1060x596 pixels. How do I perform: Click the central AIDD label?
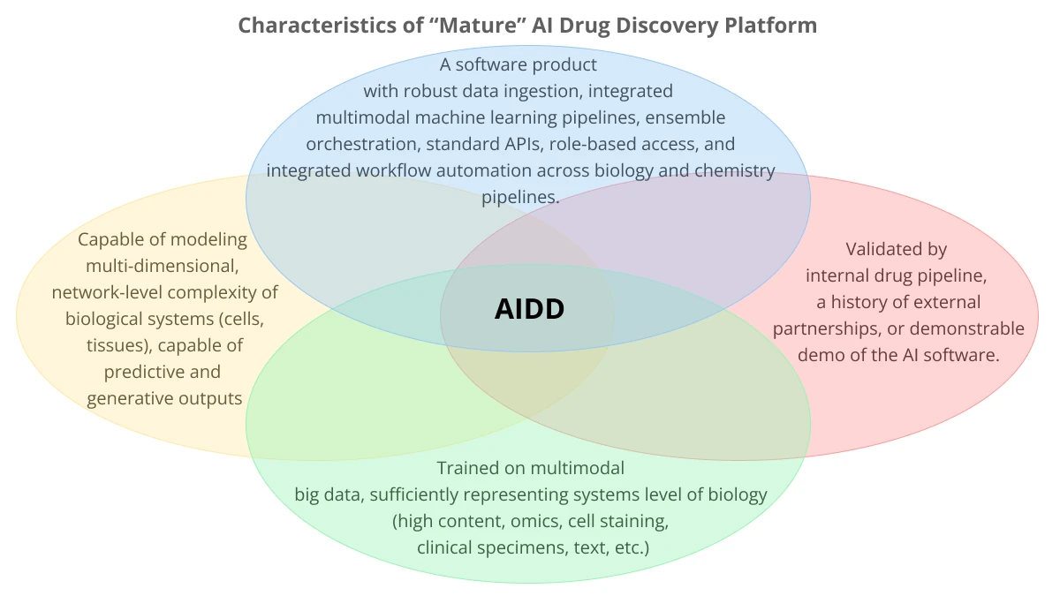(529, 308)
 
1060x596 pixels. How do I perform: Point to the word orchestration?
(358, 143)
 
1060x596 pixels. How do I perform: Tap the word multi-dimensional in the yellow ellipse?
(163, 265)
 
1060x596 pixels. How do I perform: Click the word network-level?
(109, 291)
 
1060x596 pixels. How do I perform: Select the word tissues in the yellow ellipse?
(115, 345)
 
